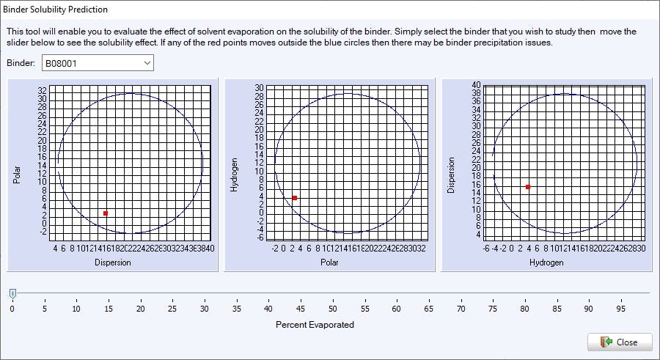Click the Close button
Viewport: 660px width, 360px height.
pos(620,342)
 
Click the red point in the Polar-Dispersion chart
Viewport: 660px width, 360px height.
pos(106,213)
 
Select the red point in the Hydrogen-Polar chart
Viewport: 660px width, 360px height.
pos(295,198)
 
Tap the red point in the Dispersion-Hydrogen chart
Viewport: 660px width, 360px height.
pos(528,187)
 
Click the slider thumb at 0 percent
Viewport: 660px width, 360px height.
pos(12,293)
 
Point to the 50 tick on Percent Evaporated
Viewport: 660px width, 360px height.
pos(333,309)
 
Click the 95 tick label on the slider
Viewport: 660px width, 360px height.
pos(621,309)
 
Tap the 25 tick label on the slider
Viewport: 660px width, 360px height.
pos(172,309)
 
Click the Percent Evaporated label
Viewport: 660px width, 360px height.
pos(315,324)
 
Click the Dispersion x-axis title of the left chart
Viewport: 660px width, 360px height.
pos(113,262)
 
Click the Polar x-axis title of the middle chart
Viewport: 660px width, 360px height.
pos(330,262)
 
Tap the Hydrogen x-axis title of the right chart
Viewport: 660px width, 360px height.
pos(547,262)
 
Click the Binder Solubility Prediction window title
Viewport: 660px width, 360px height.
pos(56,10)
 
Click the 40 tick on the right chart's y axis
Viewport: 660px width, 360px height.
pos(476,84)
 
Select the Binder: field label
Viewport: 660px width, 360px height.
pos(21,64)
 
